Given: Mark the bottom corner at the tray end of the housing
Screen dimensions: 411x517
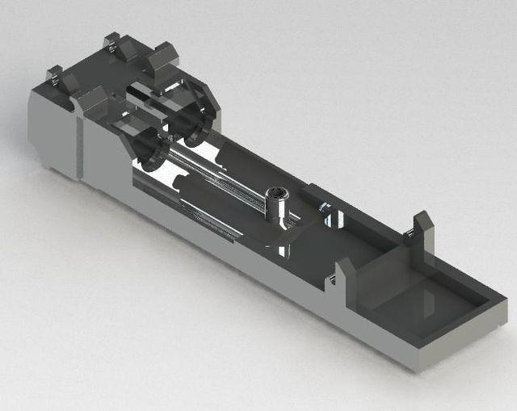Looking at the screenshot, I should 417,367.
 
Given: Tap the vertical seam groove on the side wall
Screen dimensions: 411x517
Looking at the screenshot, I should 80,145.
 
